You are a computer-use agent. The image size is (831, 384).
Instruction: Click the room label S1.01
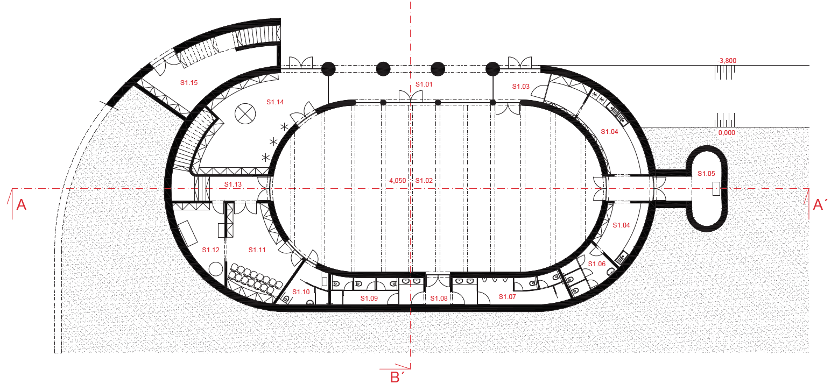tap(424, 84)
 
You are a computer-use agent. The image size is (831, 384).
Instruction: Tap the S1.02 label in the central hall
tap(424, 181)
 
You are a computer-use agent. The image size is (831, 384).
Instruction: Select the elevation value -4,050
tap(397, 181)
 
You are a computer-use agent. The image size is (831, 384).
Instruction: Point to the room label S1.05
tap(706, 174)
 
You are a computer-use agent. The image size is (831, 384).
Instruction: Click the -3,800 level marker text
tap(727, 60)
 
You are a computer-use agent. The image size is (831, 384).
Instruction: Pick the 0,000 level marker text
tap(727, 133)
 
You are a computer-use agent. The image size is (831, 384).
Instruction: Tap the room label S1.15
tap(189, 83)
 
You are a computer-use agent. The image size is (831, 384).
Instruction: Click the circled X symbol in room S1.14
tap(245, 114)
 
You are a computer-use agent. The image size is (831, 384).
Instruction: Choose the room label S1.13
tap(233, 184)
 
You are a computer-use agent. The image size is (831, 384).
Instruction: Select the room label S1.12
tap(211, 250)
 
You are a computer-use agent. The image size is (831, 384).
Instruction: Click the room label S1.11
tap(257, 250)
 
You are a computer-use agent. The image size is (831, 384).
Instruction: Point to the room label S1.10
tap(301, 292)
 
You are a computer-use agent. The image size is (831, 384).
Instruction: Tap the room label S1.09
tap(369, 298)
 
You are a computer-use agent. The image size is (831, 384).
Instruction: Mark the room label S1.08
tap(439, 298)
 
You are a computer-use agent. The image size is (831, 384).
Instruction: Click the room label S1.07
tap(507, 296)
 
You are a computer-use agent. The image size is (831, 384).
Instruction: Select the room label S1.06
tap(597, 264)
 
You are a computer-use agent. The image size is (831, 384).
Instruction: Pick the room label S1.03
tap(521, 87)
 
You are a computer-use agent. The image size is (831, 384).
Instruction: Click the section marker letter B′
tap(397, 378)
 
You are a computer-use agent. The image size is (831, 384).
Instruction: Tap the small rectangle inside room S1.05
tap(716, 189)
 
